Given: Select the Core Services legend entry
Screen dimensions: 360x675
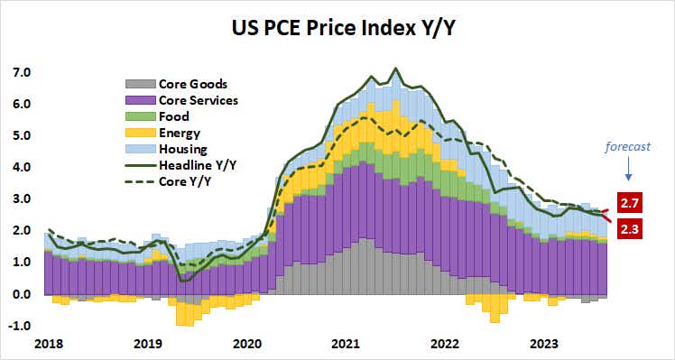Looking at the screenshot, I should tap(198, 100).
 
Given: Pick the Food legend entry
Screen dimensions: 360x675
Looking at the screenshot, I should tap(173, 116).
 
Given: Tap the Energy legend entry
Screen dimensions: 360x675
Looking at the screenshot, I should tap(179, 133).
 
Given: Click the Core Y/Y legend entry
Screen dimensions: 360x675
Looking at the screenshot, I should tap(185, 181).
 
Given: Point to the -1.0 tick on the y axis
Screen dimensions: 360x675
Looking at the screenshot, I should tap(20, 326).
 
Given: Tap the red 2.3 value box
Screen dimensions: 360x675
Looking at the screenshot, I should tap(631, 230).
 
